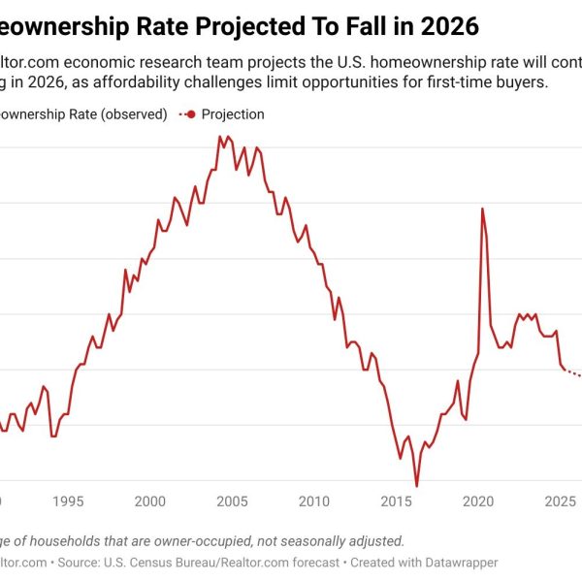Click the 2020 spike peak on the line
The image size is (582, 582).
click(x=482, y=209)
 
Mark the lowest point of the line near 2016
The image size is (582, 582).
click(x=416, y=486)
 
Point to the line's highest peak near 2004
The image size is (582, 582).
click(x=219, y=137)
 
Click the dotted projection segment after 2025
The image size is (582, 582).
click(x=572, y=373)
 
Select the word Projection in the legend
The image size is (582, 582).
click(x=233, y=114)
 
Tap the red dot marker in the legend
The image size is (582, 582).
click(x=191, y=114)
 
